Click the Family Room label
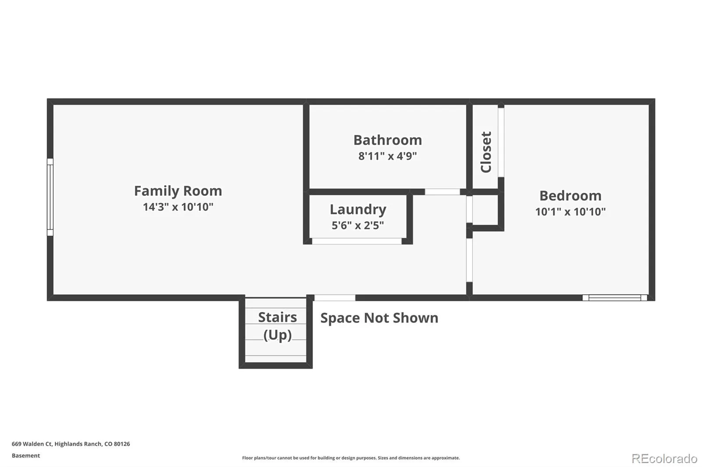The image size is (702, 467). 178,191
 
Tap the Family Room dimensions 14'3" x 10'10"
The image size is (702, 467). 178,207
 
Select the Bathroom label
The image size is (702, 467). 388,140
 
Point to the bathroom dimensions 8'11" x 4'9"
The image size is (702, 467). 388,156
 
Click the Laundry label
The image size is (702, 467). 358,210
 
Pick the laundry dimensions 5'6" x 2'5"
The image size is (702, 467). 358,225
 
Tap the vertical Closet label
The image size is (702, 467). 486,152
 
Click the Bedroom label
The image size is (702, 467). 570,196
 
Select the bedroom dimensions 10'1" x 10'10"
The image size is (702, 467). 570,212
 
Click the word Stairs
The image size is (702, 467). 277,317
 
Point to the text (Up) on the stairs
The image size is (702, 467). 277,335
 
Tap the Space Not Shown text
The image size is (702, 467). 379,318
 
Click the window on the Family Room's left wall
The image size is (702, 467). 50,197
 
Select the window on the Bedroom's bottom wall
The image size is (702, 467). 615,297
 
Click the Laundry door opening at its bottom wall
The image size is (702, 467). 357,241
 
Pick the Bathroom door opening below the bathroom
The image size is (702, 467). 442,192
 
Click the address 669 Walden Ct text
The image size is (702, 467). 71,444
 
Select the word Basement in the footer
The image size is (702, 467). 26,456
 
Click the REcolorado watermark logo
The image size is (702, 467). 664,459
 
